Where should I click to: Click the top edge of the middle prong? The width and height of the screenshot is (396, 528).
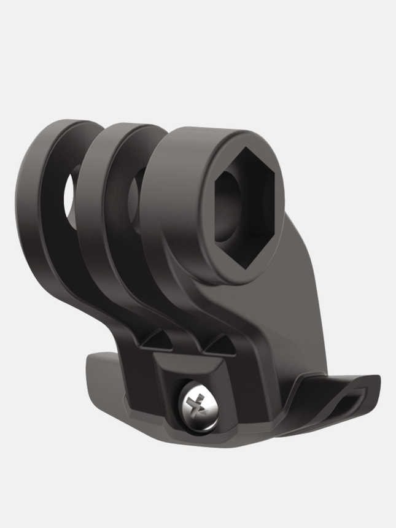(123, 130)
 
